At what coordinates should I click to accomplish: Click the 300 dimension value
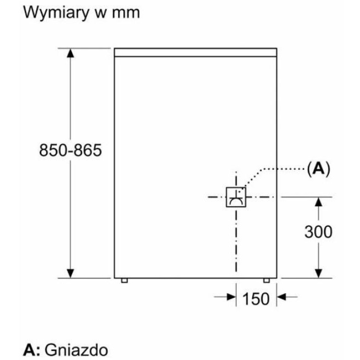(318, 232)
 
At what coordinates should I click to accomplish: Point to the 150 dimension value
(255, 298)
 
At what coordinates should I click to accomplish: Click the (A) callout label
(318, 169)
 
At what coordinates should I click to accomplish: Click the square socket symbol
(236, 196)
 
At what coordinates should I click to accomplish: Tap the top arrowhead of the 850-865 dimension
(71, 53)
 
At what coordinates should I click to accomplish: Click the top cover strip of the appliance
(196, 52)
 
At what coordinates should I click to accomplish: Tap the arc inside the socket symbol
(236, 201)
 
